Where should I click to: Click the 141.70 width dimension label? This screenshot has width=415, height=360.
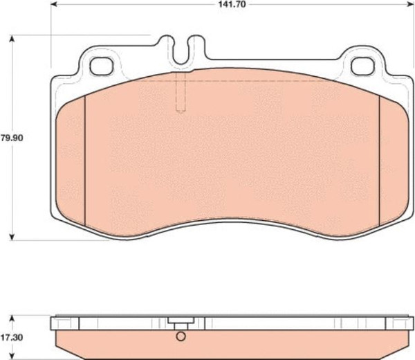(232, 4)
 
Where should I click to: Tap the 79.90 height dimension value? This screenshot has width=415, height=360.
(12, 138)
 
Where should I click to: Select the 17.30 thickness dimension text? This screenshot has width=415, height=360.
(12, 338)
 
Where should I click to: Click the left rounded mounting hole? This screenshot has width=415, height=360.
(102, 66)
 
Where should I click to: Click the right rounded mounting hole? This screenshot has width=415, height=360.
(363, 66)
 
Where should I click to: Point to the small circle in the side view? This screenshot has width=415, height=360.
(181, 336)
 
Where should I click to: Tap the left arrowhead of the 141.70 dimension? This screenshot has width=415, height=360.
(54, 4)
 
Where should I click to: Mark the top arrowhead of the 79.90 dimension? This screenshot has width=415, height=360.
(12, 39)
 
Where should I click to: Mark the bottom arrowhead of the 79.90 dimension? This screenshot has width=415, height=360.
(12, 237)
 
